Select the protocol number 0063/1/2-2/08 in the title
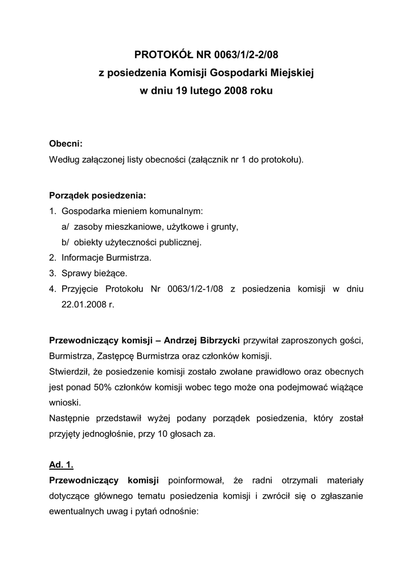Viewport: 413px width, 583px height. [x=247, y=55]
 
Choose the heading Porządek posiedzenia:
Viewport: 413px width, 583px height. [x=97, y=195]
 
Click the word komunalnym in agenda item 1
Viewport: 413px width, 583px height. [x=175, y=211]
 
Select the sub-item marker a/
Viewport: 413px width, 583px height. [x=66, y=227]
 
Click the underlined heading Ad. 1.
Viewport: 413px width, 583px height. [x=62, y=465]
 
